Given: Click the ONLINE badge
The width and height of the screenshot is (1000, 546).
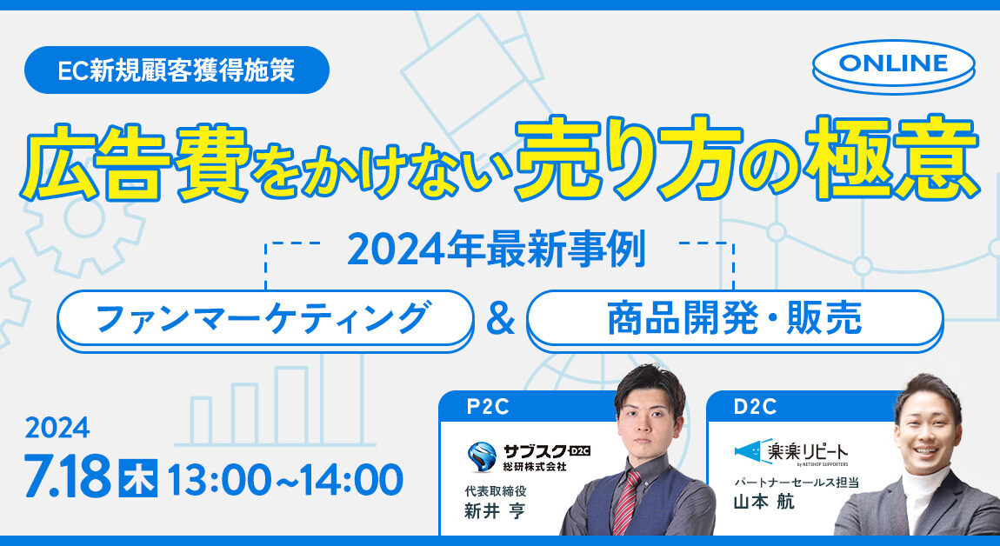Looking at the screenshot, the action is tap(894, 65).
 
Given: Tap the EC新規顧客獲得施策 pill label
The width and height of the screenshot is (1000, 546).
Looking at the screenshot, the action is tap(177, 70).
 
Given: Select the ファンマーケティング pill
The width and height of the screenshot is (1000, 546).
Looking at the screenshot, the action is tap(265, 320).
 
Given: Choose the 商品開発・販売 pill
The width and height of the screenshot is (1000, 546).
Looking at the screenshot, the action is tap(735, 320).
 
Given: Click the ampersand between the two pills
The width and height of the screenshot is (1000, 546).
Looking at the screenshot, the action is tap(501, 320).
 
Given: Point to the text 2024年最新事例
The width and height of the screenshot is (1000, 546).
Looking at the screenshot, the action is tap(497, 250).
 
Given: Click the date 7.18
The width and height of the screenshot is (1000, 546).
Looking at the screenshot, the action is tap(68, 476).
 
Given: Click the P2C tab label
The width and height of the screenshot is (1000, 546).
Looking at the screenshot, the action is tap(488, 407).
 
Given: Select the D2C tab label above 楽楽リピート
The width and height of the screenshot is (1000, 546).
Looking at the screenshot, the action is tap(755, 407).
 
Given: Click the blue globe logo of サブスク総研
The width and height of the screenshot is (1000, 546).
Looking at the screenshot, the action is tap(482, 456).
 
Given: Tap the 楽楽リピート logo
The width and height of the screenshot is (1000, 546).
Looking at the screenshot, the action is tap(790, 452).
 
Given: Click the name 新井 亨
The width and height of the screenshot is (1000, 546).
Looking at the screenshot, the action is tap(494, 511).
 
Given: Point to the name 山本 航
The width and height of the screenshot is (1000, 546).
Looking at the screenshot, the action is tap(764, 502).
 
